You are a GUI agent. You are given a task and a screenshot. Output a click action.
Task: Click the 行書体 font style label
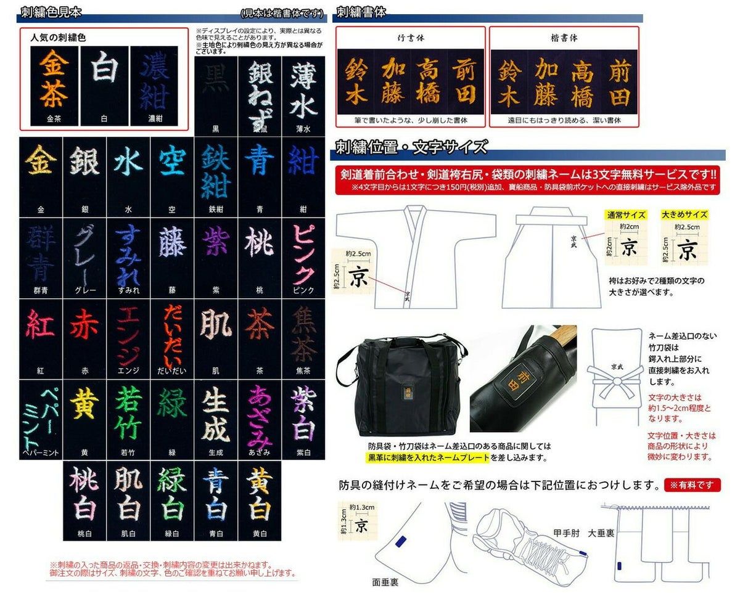coord(411,38)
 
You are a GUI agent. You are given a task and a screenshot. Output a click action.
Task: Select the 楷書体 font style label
coord(564,38)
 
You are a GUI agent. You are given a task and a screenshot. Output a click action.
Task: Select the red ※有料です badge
coord(693,485)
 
